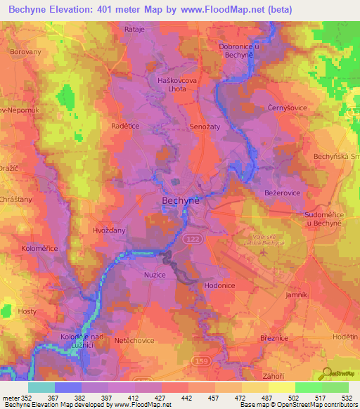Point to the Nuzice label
click(x=154, y=275)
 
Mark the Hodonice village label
click(x=219, y=286)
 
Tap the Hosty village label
click(x=27, y=311)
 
